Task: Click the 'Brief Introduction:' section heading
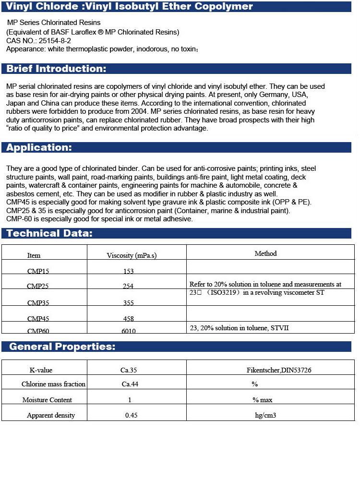click(x=56, y=69)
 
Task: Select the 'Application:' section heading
click(x=39, y=147)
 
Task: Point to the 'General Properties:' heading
click(x=62, y=347)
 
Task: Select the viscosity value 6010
click(x=129, y=331)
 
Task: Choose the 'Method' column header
click(x=265, y=253)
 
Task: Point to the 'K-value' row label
click(x=41, y=370)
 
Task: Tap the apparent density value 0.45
click(x=131, y=415)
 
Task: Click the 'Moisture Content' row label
click(x=47, y=400)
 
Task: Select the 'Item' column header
click(x=34, y=255)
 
